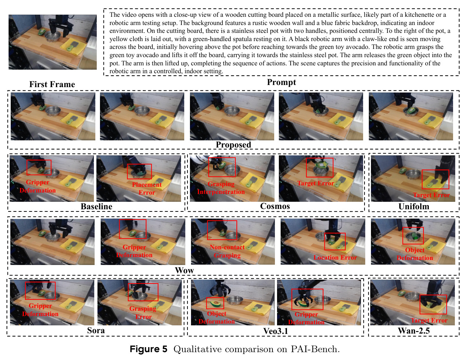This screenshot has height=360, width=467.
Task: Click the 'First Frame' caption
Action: click(x=52, y=84)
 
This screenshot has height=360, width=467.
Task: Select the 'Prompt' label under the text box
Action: click(x=281, y=82)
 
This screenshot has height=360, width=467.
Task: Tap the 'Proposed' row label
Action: click(x=233, y=145)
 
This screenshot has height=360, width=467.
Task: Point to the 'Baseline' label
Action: click(x=96, y=206)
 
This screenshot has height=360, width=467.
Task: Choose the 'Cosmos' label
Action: click(x=275, y=206)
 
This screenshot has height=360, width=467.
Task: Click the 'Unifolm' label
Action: click(x=414, y=206)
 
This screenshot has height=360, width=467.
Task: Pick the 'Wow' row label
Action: click(x=184, y=270)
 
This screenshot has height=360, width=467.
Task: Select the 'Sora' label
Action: click(x=96, y=330)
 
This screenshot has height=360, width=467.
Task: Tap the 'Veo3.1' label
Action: click(x=276, y=331)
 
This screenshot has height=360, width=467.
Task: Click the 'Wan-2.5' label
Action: click(x=414, y=331)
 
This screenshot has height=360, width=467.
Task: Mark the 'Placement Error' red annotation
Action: click(x=147, y=189)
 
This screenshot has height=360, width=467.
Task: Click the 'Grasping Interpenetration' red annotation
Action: click(x=221, y=188)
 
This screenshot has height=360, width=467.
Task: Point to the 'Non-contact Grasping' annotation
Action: click(x=227, y=251)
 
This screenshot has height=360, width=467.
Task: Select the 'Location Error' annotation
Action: click(x=335, y=257)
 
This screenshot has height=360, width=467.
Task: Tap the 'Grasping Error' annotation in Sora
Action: click(x=143, y=312)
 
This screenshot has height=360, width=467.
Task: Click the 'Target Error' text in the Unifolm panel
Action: click(x=431, y=195)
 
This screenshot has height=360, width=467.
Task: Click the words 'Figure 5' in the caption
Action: click(x=148, y=349)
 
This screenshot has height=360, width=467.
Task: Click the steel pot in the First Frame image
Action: click(x=53, y=36)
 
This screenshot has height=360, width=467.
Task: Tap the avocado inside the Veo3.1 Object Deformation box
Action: click(x=215, y=304)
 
